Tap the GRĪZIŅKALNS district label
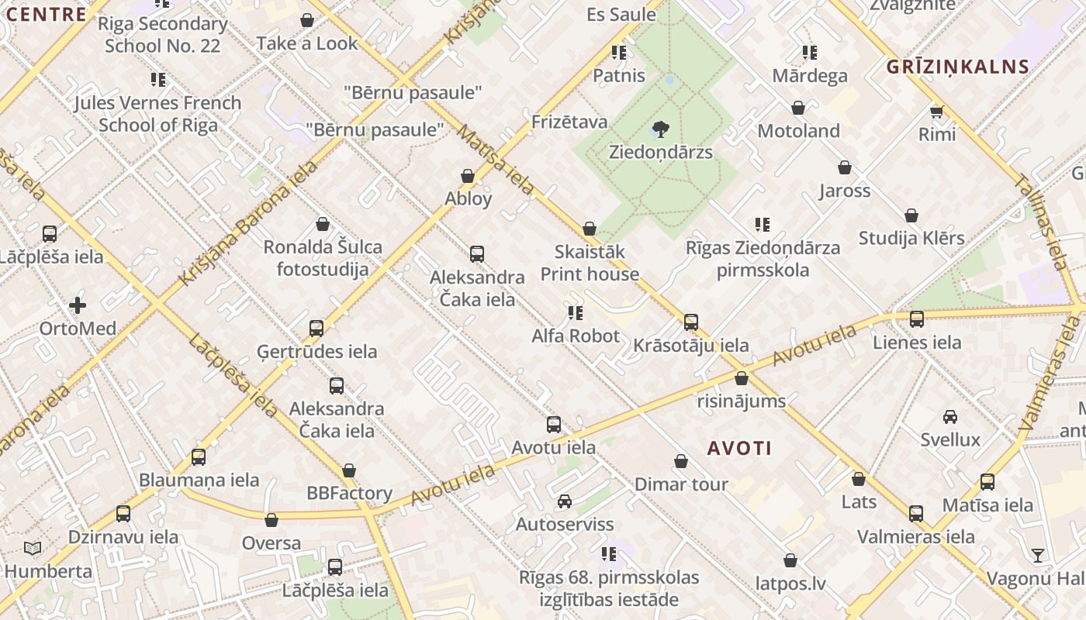click(x=958, y=67)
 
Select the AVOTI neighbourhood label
click(x=739, y=448)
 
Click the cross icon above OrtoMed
click(x=78, y=305)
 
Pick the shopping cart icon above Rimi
click(x=937, y=112)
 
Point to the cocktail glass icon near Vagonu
click(x=1038, y=555)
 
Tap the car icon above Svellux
click(x=950, y=417)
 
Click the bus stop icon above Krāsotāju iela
click(x=691, y=322)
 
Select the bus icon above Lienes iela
click(x=917, y=319)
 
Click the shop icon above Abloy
click(x=468, y=177)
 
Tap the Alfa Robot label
click(x=576, y=336)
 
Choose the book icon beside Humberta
click(x=32, y=549)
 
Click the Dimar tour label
click(x=681, y=484)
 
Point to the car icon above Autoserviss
click(x=565, y=501)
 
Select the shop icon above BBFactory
click(x=349, y=470)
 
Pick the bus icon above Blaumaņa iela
click(x=199, y=457)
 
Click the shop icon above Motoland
click(x=798, y=108)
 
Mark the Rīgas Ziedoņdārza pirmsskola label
click(x=763, y=259)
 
